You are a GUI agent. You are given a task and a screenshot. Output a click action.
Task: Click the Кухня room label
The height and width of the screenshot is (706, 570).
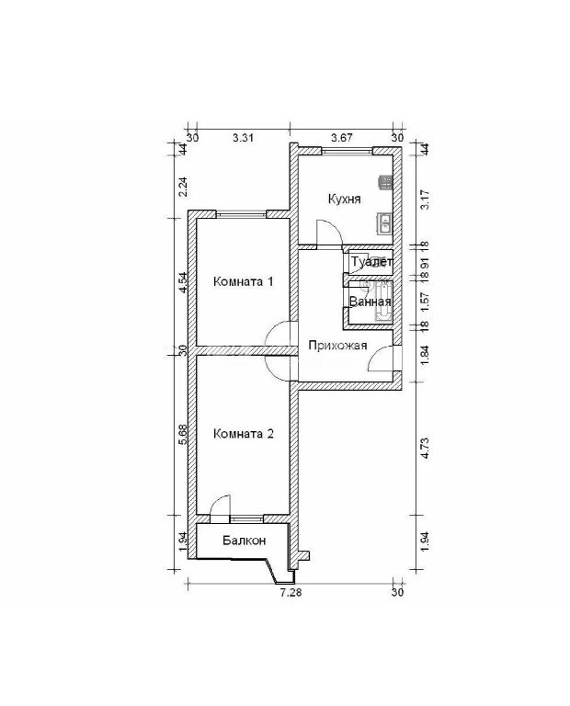click(345, 199)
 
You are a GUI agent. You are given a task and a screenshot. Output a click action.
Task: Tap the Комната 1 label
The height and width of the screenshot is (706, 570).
click(243, 282)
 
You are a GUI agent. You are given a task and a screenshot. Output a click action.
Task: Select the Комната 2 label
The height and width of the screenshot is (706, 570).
click(243, 434)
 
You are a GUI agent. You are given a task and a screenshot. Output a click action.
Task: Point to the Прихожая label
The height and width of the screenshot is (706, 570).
click(337, 346)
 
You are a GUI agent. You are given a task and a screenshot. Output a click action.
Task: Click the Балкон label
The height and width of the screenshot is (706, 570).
click(244, 541)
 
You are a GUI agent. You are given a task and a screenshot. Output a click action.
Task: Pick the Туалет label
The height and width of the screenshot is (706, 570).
click(372, 262)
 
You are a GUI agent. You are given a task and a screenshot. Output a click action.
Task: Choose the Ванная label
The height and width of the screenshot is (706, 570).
click(370, 302)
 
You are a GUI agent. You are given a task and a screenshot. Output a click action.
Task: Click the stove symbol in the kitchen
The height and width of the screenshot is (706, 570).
click(386, 182)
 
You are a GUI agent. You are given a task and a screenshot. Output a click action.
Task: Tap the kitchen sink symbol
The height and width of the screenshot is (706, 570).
click(386, 222)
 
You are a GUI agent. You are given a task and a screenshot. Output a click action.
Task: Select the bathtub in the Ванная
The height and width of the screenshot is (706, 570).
click(384, 302)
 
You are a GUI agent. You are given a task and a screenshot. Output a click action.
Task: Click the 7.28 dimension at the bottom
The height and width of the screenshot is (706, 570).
click(291, 593)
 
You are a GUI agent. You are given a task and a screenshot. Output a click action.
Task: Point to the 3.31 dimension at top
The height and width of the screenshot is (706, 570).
click(243, 138)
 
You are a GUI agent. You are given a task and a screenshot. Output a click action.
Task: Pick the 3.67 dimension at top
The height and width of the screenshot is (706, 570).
click(342, 137)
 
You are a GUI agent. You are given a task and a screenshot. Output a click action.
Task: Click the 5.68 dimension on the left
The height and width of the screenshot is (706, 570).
click(183, 435)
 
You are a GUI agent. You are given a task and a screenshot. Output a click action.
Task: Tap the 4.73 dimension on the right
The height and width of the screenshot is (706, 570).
click(424, 449)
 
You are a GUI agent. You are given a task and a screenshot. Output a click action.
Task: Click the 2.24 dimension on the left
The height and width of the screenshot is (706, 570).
click(183, 187)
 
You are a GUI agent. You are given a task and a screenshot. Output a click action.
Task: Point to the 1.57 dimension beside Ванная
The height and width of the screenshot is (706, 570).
click(424, 302)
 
